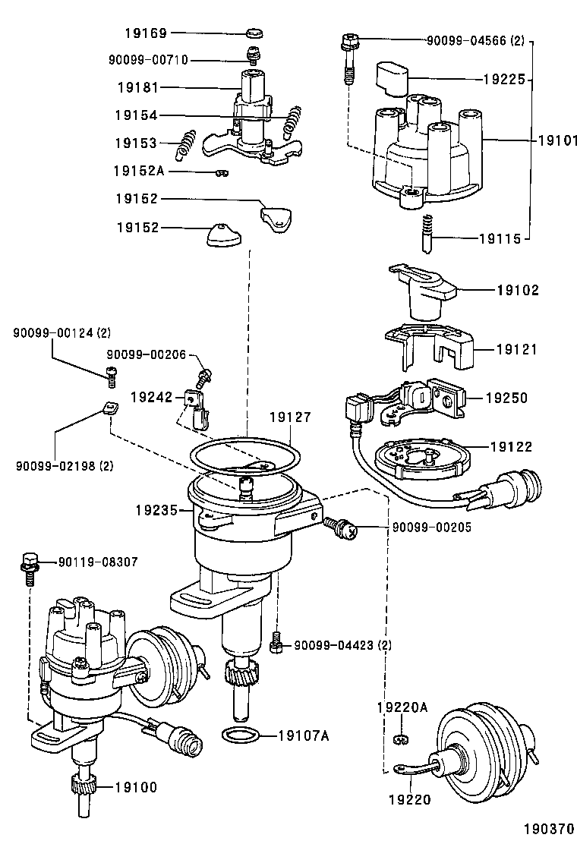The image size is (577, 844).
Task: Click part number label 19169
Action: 146,33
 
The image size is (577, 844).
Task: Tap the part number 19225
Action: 503,78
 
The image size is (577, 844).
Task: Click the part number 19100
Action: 136,787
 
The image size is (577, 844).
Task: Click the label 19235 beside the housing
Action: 156,512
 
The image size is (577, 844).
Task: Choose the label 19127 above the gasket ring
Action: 290,417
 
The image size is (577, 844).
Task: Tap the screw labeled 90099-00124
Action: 110,373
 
